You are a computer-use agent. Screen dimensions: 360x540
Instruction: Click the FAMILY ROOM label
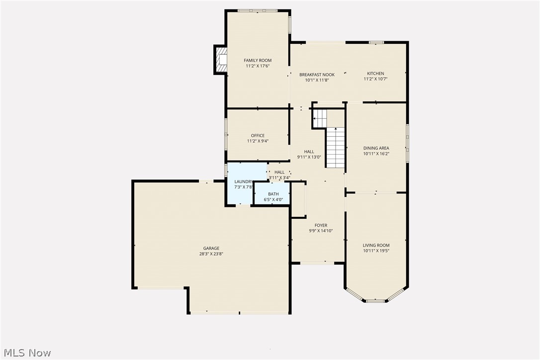coord(258,61)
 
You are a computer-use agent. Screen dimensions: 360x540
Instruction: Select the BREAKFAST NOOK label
coord(317,75)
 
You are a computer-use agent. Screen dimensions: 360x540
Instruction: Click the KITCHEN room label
coord(375,74)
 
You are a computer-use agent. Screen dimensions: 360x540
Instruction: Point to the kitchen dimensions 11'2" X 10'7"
coord(375,79)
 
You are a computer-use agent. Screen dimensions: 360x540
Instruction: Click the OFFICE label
coord(258,136)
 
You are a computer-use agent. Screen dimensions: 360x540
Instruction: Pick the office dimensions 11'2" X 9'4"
coord(258,141)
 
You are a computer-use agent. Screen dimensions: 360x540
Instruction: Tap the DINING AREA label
coord(376,148)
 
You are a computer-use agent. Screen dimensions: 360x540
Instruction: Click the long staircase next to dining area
coord(336,147)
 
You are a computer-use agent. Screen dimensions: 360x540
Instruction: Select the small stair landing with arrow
coord(320,118)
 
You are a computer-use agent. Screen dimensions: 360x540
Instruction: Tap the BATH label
coord(273,194)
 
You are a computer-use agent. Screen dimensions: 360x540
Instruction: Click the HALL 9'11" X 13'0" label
coord(309,152)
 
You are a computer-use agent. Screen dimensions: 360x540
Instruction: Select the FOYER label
coord(321,226)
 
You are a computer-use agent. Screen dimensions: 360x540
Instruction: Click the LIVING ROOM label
coord(376,246)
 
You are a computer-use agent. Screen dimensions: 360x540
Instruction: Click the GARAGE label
coord(211,248)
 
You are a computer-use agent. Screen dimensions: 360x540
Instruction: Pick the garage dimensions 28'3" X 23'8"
coord(211,254)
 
